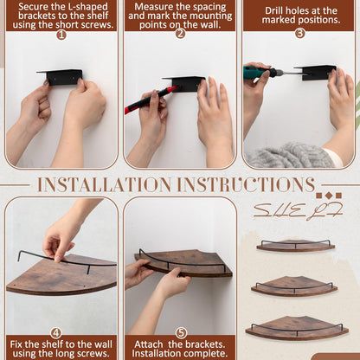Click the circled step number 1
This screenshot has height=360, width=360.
[61, 35]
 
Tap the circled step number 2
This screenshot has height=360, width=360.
[180, 34]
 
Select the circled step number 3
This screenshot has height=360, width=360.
[300, 33]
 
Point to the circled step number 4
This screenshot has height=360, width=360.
[56, 333]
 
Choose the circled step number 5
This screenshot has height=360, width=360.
[181, 333]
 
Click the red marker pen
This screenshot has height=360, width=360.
[150, 100]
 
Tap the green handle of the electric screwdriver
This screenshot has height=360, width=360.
[257, 73]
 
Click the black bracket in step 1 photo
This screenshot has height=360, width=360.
[61, 77]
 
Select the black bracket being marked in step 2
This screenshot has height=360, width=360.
[184, 83]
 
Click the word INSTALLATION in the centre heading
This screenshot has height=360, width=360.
[105, 184]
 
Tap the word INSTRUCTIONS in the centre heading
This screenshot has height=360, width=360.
[246, 184]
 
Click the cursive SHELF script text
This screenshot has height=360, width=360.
[299, 210]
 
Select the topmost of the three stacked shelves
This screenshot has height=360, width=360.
[296, 246]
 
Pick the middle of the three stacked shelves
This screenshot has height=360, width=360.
[294, 286]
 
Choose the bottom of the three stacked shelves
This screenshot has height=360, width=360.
[297, 328]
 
